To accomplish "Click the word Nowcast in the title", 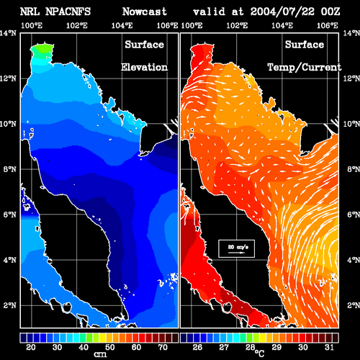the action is pos(145,12).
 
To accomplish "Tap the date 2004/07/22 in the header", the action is pos(282,12).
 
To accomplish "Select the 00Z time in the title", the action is pos(330,12).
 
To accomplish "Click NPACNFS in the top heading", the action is pos(68,12).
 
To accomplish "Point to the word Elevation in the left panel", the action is pos(144,67).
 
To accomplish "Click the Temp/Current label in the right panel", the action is pos(305,67).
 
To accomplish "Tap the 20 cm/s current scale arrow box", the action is pos(236,248).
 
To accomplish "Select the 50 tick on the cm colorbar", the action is pos(109,347).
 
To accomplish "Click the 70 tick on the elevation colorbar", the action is pos(163,347).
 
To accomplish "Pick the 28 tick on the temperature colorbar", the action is pos(250,347).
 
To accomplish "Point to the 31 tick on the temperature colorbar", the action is pos(329,347).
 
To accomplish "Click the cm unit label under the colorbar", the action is pos(100,354).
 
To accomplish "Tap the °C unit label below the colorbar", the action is pos(259,354).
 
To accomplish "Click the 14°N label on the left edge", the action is pos(8,33).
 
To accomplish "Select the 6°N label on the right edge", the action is pos(354,215).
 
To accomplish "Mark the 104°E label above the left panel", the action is pos(122,25).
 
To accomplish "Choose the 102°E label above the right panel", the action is pos(237,25).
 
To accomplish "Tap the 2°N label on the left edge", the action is pos(10,305).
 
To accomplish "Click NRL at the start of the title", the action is pos(30,12).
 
